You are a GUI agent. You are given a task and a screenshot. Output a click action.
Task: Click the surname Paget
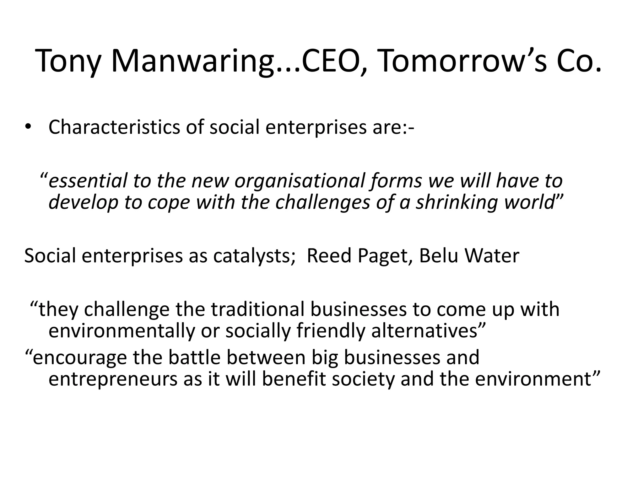point(385,256)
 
